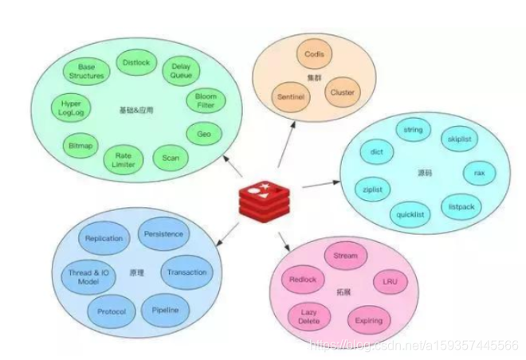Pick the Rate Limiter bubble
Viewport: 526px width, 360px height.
point(124,160)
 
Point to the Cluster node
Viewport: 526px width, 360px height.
point(342,93)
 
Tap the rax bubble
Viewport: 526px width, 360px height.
point(479,172)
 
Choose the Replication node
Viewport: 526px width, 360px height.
point(104,238)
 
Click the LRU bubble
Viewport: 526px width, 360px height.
point(391,282)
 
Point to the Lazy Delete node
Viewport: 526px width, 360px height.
point(308,317)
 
